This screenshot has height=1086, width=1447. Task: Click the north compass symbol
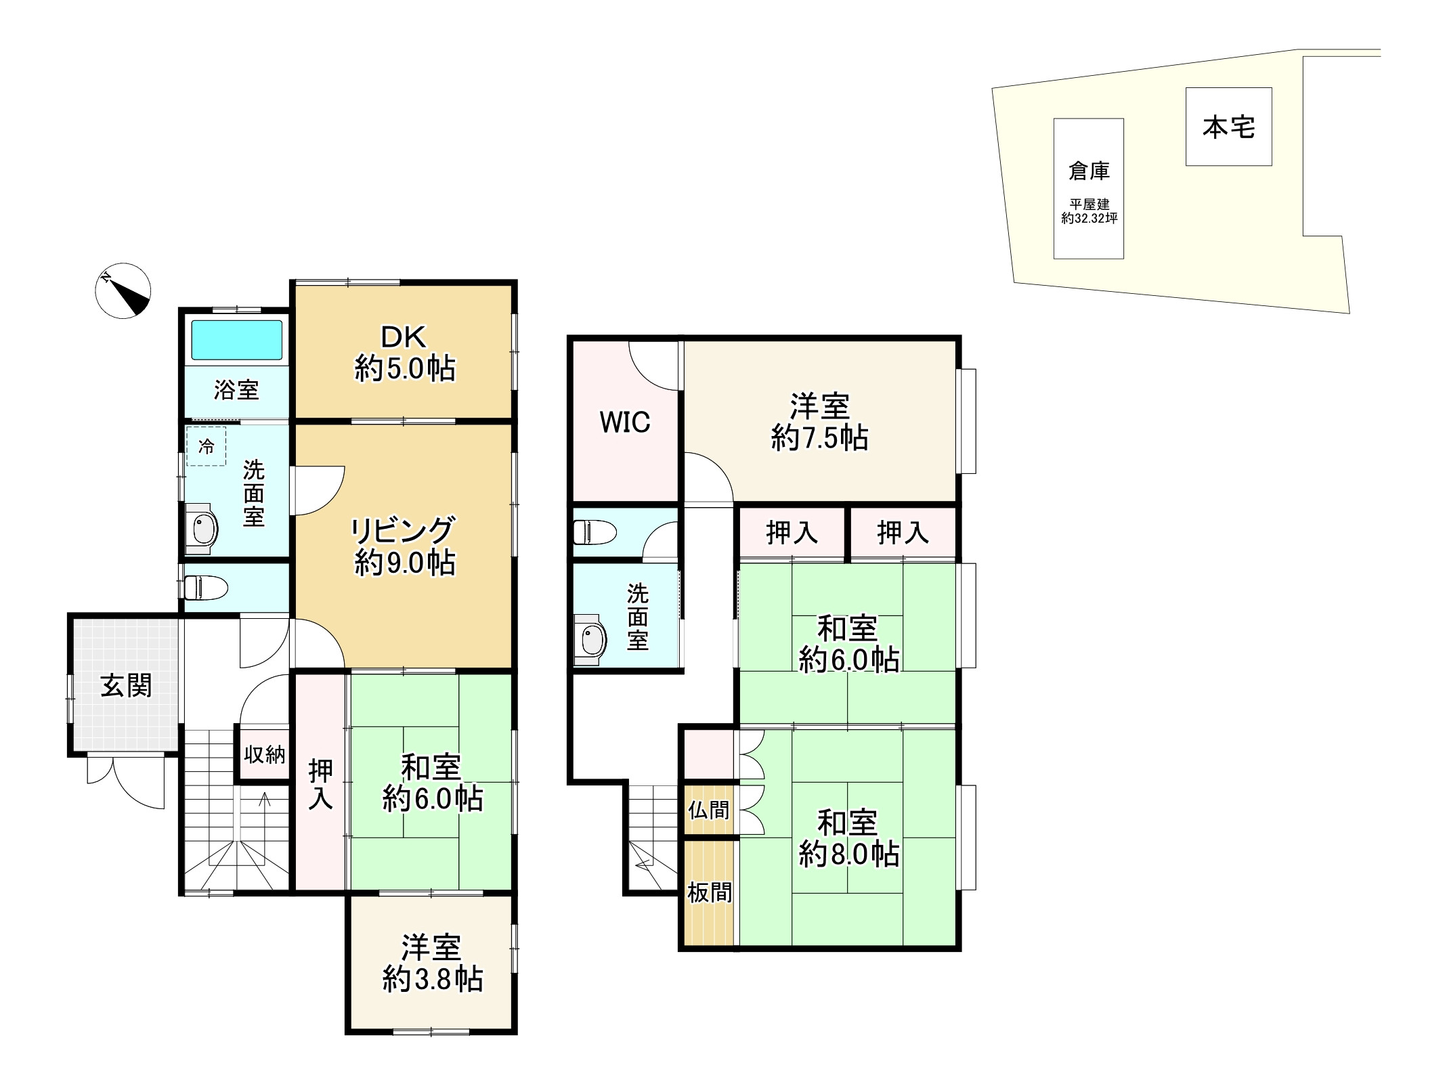pyautogui.click(x=123, y=290)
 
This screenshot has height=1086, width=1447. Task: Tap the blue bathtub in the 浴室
pyautogui.click(x=236, y=340)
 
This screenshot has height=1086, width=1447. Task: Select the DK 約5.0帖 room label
pyautogui.click(x=404, y=353)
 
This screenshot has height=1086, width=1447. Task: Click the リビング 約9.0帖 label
pyautogui.click(x=404, y=546)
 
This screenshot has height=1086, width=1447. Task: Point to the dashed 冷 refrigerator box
pyautogui.click(x=206, y=446)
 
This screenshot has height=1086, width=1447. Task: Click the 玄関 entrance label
pyautogui.click(x=126, y=686)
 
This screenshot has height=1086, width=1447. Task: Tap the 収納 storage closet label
pyautogui.click(x=264, y=754)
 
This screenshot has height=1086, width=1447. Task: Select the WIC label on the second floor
pyautogui.click(x=624, y=422)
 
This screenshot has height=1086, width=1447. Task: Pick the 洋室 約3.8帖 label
pyautogui.click(x=432, y=963)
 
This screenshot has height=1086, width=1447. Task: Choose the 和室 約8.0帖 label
pyautogui.click(x=848, y=839)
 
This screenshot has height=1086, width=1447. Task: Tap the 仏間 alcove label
pyautogui.click(x=708, y=810)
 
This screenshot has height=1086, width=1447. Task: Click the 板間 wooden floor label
pyautogui.click(x=709, y=892)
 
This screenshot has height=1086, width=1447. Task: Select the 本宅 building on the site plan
pyautogui.click(x=1228, y=127)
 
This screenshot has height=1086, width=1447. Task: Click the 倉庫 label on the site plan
pyautogui.click(x=1089, y=171)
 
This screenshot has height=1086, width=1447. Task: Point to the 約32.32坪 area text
pyautogui.click(x=1089, y=219)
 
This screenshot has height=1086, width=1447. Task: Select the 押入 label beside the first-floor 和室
pyautogui.click(x=320, y=784)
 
